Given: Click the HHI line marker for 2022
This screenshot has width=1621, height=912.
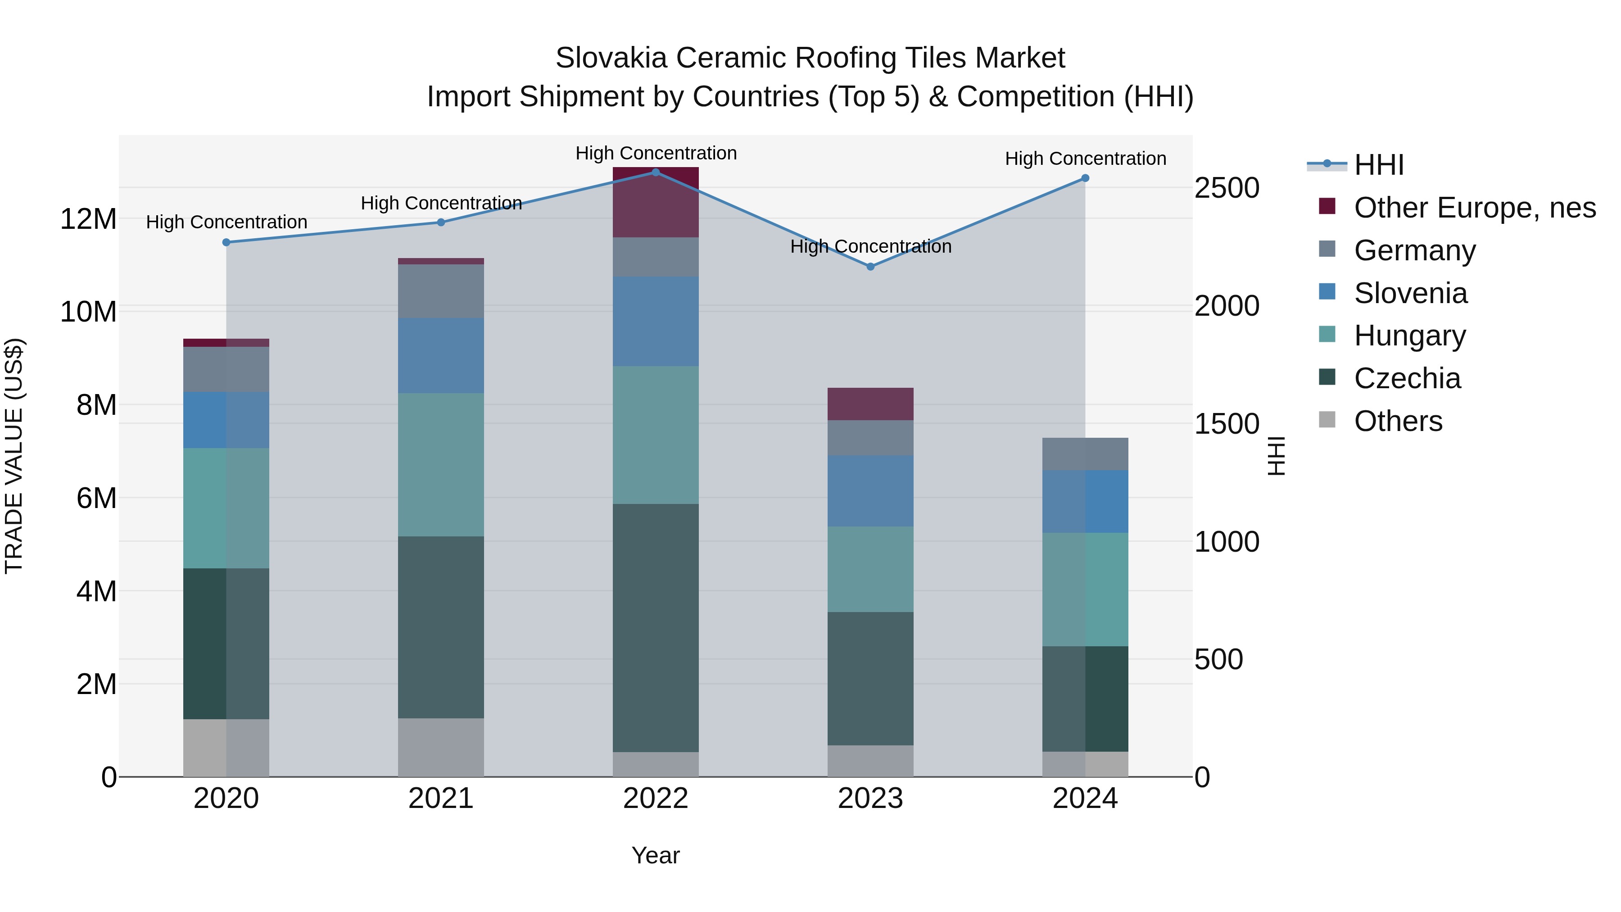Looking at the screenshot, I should [x=656, y=172].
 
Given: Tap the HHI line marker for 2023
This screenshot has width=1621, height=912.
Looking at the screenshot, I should [x=870, y=267].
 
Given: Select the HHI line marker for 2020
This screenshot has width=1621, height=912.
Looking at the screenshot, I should [x=226, y=242].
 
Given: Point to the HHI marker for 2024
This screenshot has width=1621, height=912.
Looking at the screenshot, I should [x=1086, y=178].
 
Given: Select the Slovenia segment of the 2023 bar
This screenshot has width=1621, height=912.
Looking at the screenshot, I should [x=870, y=491].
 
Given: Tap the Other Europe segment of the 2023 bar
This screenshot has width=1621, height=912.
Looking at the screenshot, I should [x=870, y=404].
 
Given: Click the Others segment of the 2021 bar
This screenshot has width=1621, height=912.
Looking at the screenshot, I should [x=441, y=747].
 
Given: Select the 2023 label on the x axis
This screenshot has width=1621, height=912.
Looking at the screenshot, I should [x=870, y=799].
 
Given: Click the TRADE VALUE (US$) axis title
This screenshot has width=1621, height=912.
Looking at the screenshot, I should [x=14, y=456].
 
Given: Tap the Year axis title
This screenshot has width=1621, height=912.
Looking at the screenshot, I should [x=656, y=855].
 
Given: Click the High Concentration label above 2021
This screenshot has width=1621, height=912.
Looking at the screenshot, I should [x=441, y=203].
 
